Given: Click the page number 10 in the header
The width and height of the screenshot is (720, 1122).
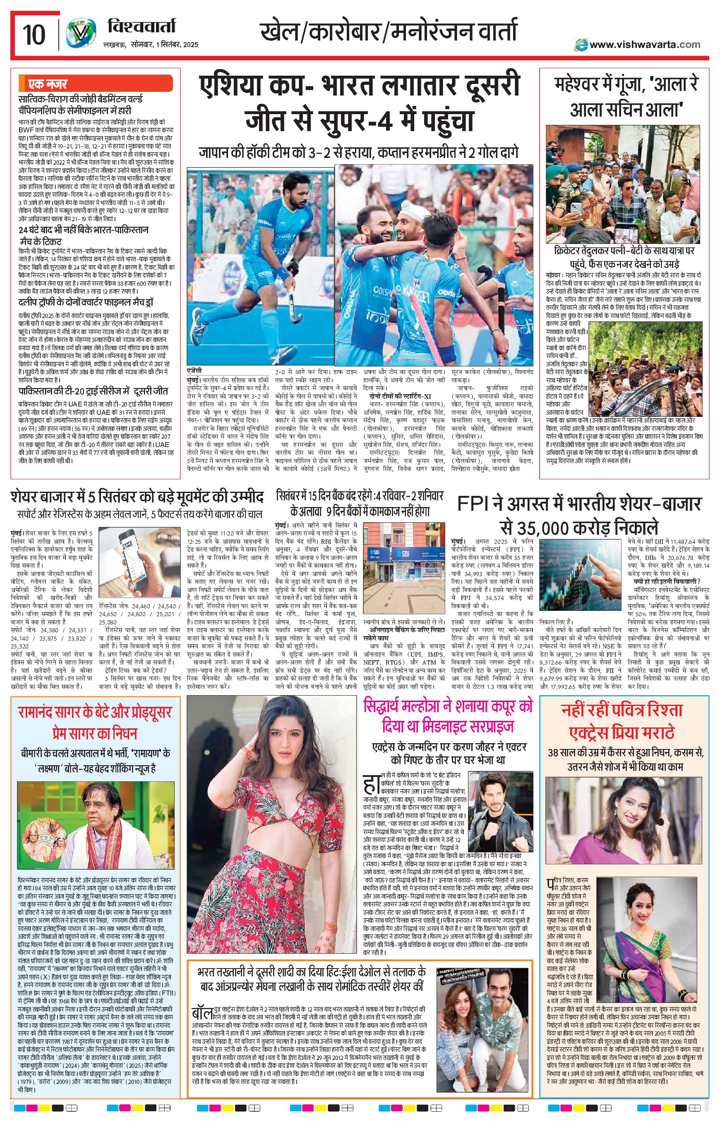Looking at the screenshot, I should point(34,35).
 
